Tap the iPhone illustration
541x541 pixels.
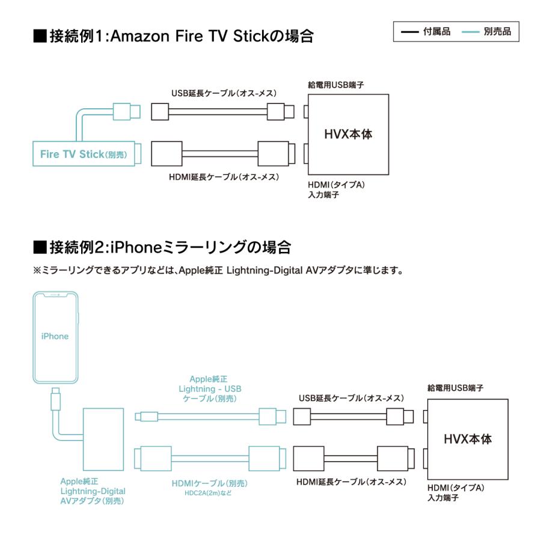55,337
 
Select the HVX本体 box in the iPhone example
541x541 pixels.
468,439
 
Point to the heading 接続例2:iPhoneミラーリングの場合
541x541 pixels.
162,246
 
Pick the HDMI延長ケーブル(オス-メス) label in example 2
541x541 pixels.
352,482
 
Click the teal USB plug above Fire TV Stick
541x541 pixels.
126,111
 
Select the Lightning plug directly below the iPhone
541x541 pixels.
55,397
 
